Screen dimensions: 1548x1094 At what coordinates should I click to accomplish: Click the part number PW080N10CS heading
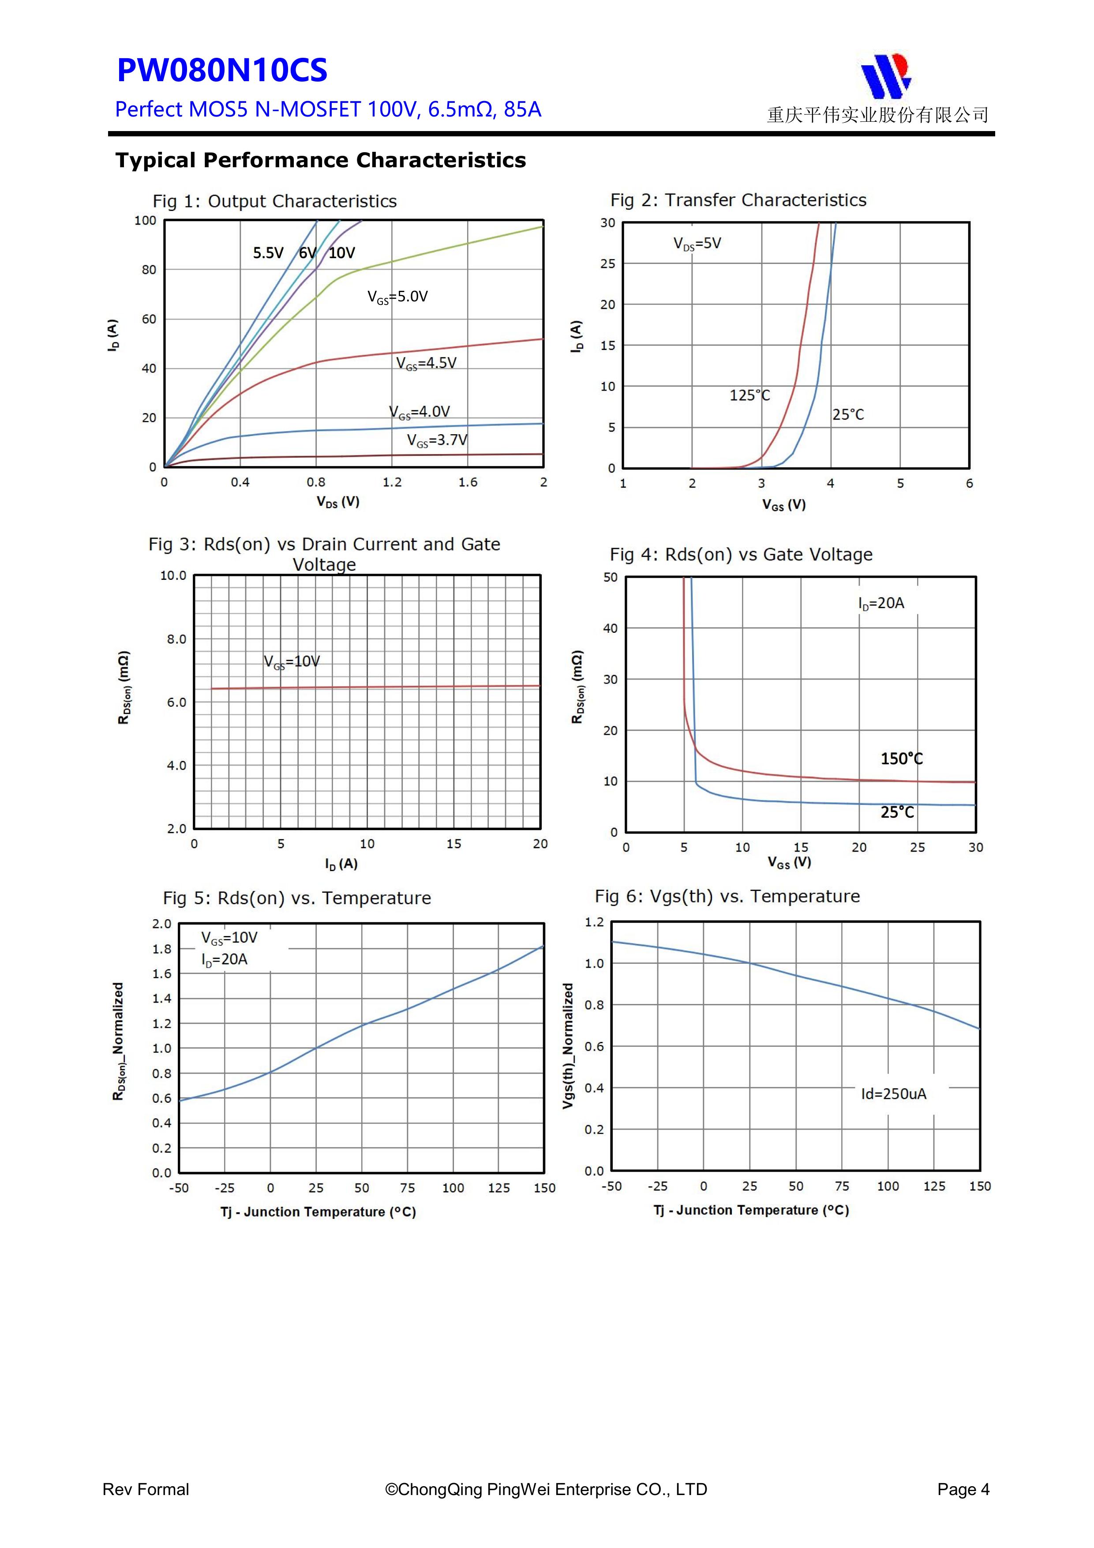click(x=222, y=70)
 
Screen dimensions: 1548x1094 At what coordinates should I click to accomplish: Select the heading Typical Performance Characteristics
click(x=320, y=161)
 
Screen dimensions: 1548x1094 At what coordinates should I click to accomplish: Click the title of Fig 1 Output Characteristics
click(x=274, y=202)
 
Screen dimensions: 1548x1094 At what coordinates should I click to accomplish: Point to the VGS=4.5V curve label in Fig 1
click(x=426, y=364)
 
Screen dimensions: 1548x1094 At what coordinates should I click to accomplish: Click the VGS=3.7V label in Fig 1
click(x=437, y=441)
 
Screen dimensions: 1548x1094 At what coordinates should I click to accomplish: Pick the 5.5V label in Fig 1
click(x=268, y=253)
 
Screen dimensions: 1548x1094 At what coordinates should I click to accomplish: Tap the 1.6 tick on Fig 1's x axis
click(x=468, y=483)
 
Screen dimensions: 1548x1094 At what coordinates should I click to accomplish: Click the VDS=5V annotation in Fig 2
click(x=697, y=244)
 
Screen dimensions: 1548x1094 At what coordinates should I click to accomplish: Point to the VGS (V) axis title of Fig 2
click(x=784, y=505)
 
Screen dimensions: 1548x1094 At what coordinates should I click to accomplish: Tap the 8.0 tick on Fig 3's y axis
click(x=176, y=639)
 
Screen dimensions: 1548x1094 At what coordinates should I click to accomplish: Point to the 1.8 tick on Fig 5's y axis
click(x=162, y=949)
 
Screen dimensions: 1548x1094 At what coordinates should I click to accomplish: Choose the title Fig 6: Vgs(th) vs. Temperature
click(x=727, y=897)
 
